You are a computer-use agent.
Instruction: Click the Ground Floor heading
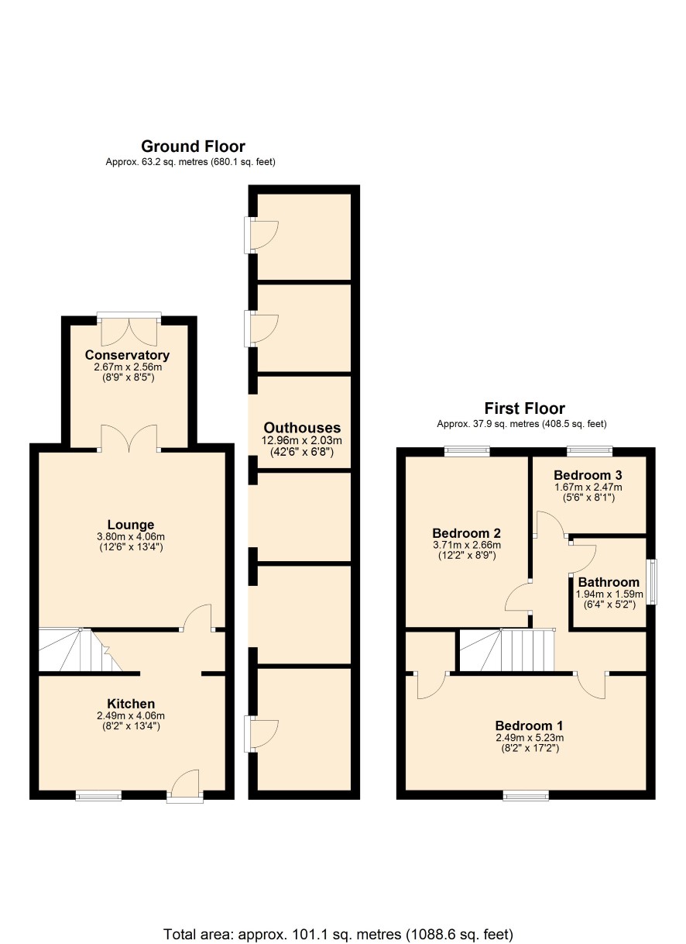(x=193, y=146)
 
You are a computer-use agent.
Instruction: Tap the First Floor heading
(x=524, y=408)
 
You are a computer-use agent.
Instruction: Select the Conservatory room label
(x=127, y=355)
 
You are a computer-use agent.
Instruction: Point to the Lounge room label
(x=131, y=525)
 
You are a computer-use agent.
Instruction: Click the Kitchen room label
(x=131, y=704)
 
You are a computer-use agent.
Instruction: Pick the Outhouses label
(x=302, y=428)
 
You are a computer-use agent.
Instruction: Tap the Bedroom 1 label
(x=529, y=725)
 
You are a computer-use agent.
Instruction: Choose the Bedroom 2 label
(x=467, y=533)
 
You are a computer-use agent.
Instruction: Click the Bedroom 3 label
(x=588, y=475)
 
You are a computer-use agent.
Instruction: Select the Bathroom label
(x=609, y=582)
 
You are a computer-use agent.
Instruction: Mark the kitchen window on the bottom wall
(x=98, y=795)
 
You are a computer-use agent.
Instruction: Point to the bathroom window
(x=651, y=582)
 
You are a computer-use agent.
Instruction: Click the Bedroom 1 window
(x=526, y=795)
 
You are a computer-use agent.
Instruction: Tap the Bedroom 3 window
(x=589, y=451)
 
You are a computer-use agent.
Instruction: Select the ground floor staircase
(x=81, y=649)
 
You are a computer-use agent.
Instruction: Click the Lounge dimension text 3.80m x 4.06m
(x=131, y=537)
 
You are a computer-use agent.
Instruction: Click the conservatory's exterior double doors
(x=129, y=330)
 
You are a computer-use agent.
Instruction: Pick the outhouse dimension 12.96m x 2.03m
(x=301, y=441)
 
